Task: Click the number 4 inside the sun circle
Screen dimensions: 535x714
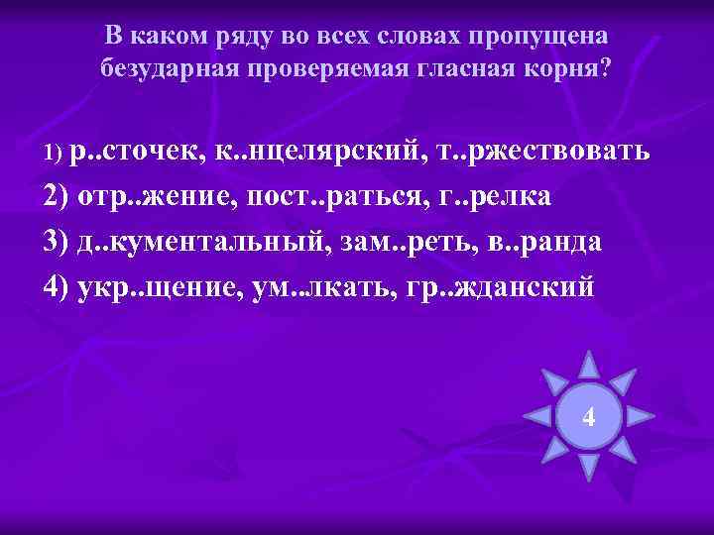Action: (x=589, y=417)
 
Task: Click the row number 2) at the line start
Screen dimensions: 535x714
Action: (x=59, y=196)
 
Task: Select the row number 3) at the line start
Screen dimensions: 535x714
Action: (x=59, y=241)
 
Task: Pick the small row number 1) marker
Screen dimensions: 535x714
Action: (x=54, y=154)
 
